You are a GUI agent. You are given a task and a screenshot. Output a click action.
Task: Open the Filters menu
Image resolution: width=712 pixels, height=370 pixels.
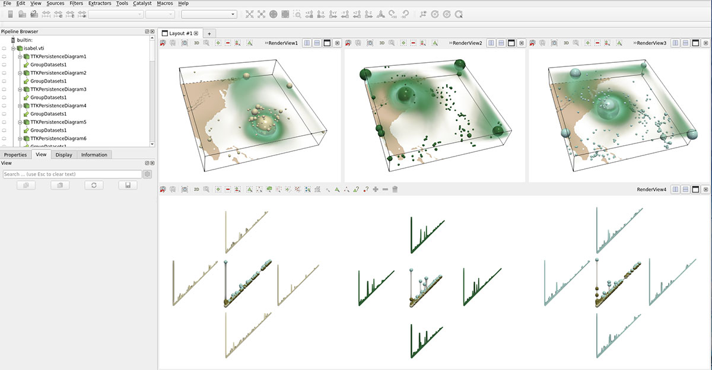pos(76,4)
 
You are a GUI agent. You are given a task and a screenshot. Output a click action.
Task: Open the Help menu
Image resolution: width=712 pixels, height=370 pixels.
pos(183,4)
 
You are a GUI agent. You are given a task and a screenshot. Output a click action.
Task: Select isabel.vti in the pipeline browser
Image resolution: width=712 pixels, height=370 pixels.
pos(35,48)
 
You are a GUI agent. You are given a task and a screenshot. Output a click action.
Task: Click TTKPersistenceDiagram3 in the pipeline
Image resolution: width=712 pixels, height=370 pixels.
pos(58,89)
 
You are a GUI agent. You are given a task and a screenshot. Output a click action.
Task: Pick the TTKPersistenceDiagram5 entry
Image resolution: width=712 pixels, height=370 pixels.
pos(58,122)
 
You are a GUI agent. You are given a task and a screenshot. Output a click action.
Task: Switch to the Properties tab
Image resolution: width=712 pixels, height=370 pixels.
pos(15,155)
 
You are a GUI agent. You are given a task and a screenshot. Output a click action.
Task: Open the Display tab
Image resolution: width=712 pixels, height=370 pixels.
pos(64,155)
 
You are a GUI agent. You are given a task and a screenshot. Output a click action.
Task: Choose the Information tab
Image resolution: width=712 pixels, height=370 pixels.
pos(94,155)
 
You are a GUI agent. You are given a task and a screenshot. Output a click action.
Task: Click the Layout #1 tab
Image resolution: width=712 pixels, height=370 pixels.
pos(180,33)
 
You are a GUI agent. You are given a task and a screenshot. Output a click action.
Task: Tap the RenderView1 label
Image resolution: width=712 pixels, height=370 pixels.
pos(284,43)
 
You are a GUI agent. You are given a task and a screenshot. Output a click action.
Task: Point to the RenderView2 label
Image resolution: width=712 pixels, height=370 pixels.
pos(468,43)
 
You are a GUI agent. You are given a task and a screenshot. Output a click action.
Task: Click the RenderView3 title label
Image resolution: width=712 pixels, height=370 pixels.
pos(651,43)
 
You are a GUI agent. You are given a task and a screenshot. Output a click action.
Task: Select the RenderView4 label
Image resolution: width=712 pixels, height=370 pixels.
pos(651,189)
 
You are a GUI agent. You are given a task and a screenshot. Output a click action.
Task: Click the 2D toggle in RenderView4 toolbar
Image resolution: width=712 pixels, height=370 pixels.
pos(196,189)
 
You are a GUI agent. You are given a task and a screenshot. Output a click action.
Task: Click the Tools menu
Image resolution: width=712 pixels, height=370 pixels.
pos(122,4)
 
